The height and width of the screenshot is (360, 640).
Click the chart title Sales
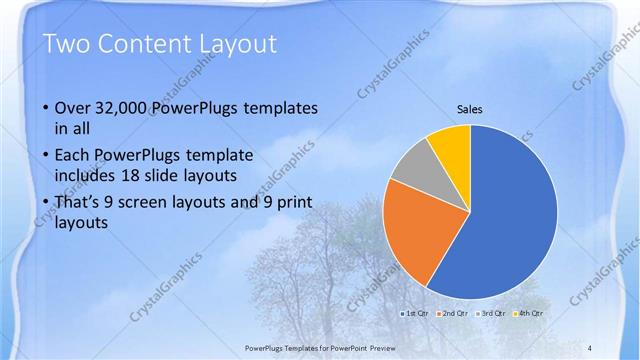[470, 108]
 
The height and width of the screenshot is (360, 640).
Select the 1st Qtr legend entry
[415, 314]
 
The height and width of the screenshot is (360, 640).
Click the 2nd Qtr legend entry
[456, 314]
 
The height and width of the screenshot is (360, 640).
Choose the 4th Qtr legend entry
[531, 314]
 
